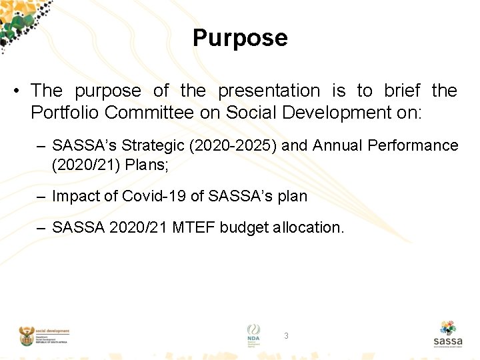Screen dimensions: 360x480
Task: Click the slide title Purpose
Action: point(240,38)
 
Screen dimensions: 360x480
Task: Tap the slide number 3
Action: point(286,336)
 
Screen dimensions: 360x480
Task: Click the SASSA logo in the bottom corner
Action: point(447,335)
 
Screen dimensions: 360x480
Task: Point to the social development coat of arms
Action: point(27,336)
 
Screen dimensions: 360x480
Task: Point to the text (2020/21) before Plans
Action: point(79,163)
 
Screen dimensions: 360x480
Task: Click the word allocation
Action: point(309,228)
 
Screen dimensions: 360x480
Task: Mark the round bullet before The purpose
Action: point(20,91)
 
